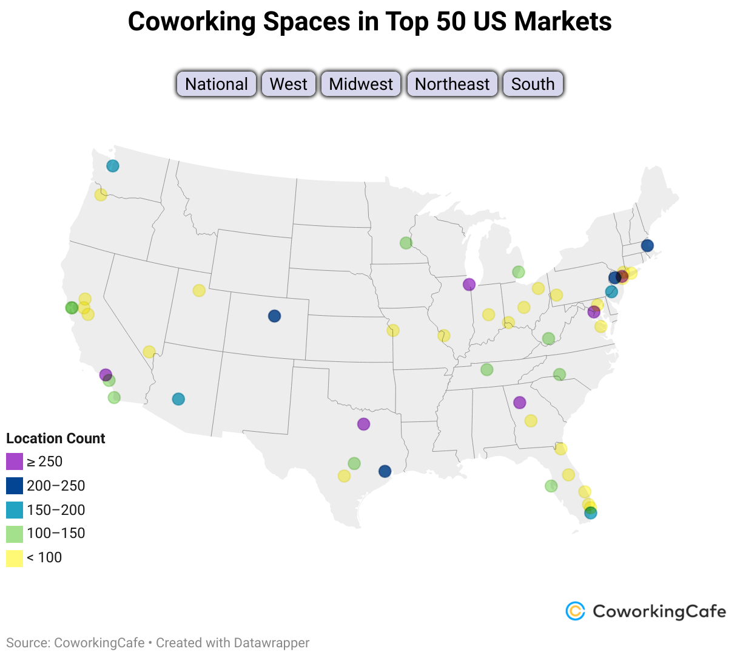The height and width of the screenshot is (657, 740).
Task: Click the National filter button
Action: pos(217,84)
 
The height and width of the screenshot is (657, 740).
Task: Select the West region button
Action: pos(289,84)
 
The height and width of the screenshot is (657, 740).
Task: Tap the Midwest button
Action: pos(361,84)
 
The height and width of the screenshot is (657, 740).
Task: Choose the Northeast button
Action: pos(452,84)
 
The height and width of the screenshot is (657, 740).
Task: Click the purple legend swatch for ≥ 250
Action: pos(15,461)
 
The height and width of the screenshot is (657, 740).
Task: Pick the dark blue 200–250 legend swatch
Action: pos(15,486)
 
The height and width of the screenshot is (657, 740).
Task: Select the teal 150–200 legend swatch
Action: pos(15,510)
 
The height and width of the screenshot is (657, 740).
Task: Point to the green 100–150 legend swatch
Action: pos(15,534)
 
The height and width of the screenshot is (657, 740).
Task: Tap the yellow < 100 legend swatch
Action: pos(15,558)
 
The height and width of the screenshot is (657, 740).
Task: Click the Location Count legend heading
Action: pos(55,438)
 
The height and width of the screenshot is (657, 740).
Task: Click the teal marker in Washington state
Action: pos(113,166)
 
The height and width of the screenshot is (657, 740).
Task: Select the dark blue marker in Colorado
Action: pos(274,316)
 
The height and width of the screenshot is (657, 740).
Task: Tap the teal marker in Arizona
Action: pos(178,399)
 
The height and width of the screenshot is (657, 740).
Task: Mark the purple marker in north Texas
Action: pos(363,424)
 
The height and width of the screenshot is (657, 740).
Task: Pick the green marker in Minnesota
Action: pos(406,243)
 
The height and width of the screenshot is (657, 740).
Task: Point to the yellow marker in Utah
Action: pos(199,290)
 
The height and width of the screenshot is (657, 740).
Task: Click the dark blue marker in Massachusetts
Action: pos(647,245)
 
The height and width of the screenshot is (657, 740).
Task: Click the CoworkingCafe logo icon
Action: pos(575,611)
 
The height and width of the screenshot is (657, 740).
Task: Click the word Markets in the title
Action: pos(562,22)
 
